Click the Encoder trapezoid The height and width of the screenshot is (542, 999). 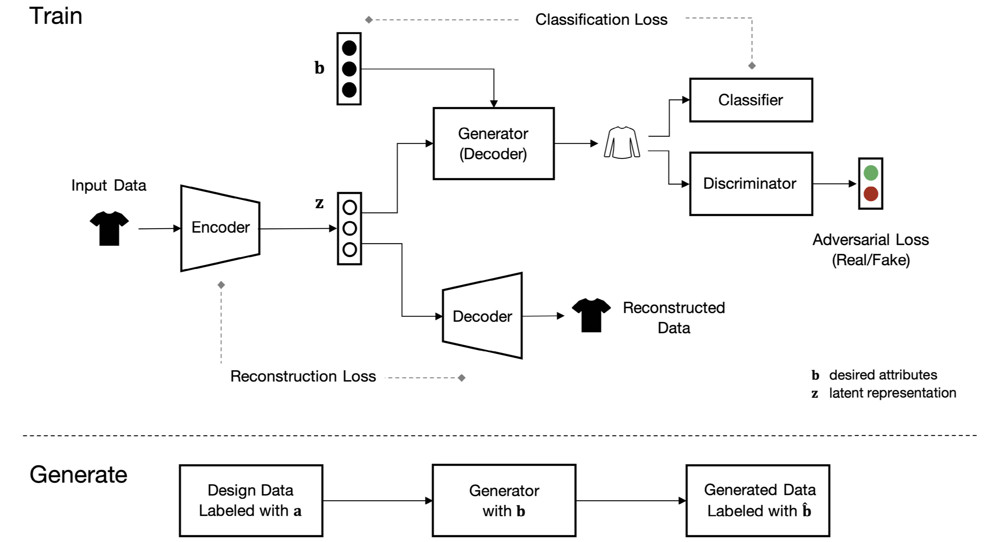pyautogui.click(x=220, y=228)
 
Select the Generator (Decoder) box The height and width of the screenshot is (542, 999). pyautogui.click(x=493, y=143)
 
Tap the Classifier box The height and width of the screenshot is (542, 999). pyautogui.click(x=751, y=100)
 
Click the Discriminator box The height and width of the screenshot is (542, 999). pyautogui.click(x=751, y=184)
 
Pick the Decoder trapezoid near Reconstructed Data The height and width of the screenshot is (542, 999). pyautogui.click(x=482, y=316)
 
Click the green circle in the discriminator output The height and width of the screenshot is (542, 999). pyautogui.click(x=871, y=173)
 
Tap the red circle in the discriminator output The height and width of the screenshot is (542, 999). pyautogui.click(x=871, y=194)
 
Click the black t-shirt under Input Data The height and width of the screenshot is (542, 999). pyautogui.click(x=109, y=228)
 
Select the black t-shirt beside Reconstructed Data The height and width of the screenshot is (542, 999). pyautogui.click(x=591, y=315)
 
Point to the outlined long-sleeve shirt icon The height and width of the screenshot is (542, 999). pyautogui.click(x=622, y=143)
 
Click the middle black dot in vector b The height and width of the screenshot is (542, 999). pyautogui.click(x=349, y=69)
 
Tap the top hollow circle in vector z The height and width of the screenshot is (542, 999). pyautogui.click(x=349, y=207)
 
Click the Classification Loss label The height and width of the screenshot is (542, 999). pyautogui.click(x=601, y=19)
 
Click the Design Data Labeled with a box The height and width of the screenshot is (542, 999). pyautogui.click(x=251, y=501)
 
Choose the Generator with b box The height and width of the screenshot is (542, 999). pyautogui.click(x=504, y=501)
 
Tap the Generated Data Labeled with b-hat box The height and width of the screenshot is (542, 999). pyautogui.click(x=758, y=501)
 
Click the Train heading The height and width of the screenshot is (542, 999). pyautogui.click(x=56, y=16)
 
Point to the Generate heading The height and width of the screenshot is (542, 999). pyautogui.click(x=78, y=475)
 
